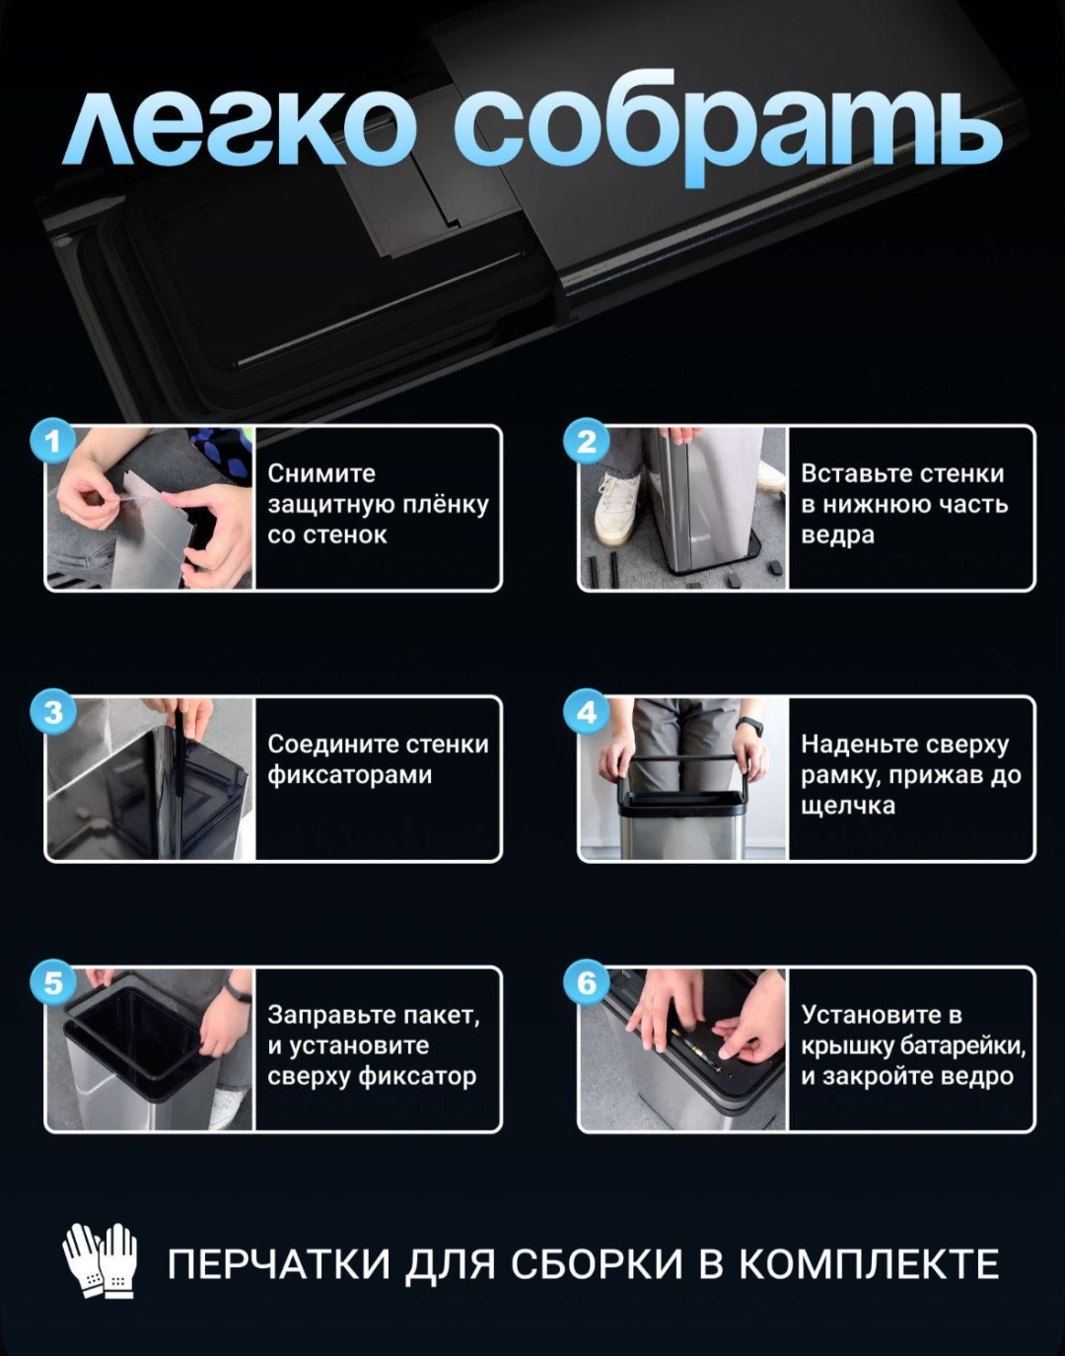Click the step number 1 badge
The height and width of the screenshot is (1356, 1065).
53,441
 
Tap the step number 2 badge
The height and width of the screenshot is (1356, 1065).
587,441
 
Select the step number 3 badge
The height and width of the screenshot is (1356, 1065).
53,712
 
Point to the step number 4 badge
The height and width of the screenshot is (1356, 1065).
587,712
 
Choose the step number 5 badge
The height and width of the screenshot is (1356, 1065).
53,983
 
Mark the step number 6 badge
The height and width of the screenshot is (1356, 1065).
587,983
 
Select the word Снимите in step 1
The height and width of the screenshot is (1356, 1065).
321,473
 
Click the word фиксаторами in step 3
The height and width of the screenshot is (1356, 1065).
349,776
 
